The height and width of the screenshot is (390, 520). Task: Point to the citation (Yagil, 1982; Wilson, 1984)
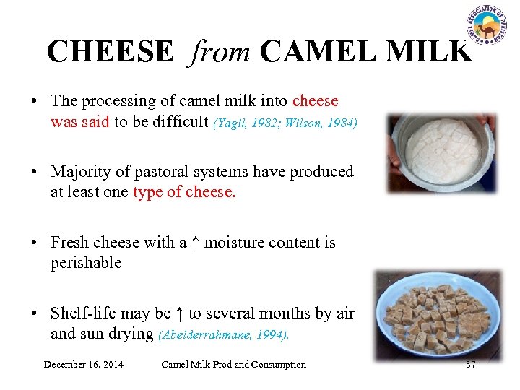point(285,123)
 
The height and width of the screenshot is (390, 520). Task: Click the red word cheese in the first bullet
point(315,101)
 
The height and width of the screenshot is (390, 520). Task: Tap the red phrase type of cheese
point(184,192)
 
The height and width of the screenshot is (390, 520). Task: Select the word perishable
point(85,263)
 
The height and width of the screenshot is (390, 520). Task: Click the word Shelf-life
point(84,313)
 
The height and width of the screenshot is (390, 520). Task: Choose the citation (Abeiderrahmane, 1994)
point(224,334)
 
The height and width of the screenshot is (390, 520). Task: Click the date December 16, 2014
point(83,364)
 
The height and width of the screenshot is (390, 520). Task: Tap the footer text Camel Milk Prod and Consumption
point(233,364)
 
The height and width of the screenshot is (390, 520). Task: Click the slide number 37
point(471,364)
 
